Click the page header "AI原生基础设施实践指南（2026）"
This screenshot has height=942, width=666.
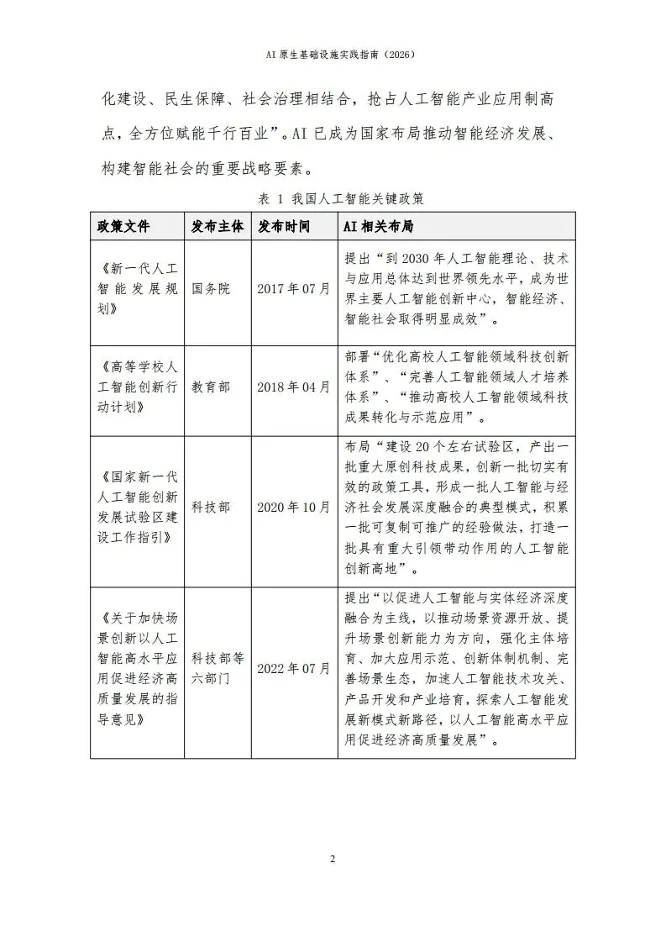click(333, 54)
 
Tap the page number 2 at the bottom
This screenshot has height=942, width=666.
click(333, 859)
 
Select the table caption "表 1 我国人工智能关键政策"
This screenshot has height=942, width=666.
click(333, 199)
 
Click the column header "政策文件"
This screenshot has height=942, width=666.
click(123, 227)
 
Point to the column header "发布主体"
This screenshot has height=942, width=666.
click(217, 227)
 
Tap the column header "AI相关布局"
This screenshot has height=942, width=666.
click(378, 227)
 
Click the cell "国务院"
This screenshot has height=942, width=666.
click(211, 289)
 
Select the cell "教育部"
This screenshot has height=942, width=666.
click(211, 387)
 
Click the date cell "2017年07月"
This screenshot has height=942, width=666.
click(294, 289)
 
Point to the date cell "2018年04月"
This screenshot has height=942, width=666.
click(294, 387)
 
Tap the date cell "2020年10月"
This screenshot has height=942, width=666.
click(294, 508)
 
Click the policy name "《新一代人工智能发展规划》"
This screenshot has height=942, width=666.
click(137, 289)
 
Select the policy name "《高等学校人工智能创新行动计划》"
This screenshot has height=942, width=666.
click(137, 387)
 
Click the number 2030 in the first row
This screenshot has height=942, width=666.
click(419, 258)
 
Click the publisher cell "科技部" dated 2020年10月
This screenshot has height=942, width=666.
click(211, 508)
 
